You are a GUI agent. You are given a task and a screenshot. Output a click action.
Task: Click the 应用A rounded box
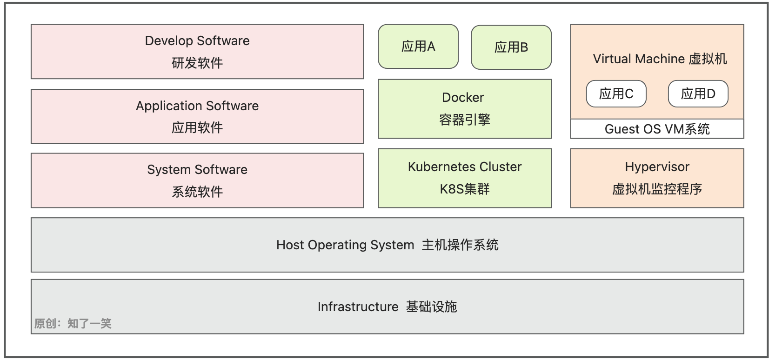[x=418, y=47]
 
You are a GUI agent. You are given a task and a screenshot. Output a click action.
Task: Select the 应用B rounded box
[x=511, y=47]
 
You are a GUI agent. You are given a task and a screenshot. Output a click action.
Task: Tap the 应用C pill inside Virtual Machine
[x=616, y=94]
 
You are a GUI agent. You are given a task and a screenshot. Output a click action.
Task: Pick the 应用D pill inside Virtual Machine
[x=698, y=94]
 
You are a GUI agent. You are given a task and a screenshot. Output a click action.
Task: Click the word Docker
[x=463, y=98]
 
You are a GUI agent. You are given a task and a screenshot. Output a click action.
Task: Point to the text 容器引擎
[x=464, y=120]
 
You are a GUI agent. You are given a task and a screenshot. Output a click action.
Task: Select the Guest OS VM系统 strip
[x=657, y=129]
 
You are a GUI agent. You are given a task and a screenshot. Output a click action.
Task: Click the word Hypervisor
[x=657, y=167]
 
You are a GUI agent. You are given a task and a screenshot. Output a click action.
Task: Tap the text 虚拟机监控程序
[x=657, y=189]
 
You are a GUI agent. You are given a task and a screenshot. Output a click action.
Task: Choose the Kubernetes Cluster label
[x=464, y=167]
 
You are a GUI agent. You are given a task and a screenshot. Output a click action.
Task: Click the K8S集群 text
[x=464, y=189]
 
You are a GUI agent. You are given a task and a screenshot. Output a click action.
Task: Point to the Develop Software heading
[x=197, y=41]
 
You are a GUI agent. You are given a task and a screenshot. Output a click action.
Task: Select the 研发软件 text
[x=197, y=63]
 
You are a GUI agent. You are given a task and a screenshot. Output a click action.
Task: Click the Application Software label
[x=197, y=106]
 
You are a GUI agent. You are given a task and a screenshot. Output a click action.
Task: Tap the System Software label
[x=197, y=170]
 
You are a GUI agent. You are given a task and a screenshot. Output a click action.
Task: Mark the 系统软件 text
[x=197, y=192]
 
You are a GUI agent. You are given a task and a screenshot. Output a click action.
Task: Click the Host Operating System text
[x=345, y=245]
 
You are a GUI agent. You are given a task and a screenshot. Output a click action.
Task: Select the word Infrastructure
[x=358, y=307]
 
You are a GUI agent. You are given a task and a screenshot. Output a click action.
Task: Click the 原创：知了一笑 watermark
[x=73, y=324]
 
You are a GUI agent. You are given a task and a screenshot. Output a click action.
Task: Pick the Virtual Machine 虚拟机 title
[x=659, y=59]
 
